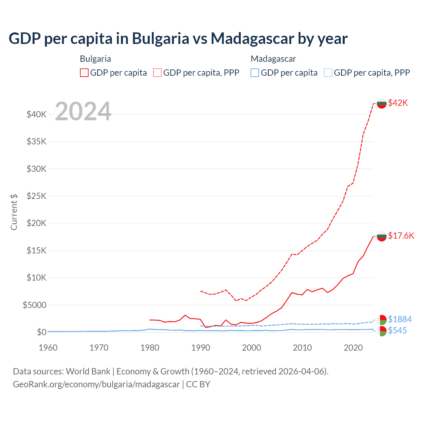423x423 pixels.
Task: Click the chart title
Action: click(178, 38)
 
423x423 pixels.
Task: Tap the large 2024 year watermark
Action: click(83, 112)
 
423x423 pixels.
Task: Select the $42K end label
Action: click(398, 103)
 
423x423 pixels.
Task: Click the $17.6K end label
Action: click(401, 236)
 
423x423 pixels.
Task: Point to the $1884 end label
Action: click(400, 319)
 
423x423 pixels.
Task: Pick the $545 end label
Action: click(397, 330)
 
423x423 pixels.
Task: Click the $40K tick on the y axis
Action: click(37, 115)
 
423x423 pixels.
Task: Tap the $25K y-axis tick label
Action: click(37, 196)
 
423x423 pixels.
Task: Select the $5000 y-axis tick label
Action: click(34, 305)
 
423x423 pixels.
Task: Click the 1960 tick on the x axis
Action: click(48, 348)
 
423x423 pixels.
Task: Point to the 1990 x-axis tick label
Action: click(201, 348)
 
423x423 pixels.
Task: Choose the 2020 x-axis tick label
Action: click(353, 348)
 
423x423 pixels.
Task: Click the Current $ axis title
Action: click(14, 212)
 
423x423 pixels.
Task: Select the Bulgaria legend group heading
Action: click(96, 59)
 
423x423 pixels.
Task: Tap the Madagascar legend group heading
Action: click(273, 59)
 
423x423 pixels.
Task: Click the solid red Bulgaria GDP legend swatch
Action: click(84, 73)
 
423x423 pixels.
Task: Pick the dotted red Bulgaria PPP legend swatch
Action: click(157, 73)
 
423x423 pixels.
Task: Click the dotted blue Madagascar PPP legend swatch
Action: click(328, 73)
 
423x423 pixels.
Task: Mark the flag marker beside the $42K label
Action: click(382, 103)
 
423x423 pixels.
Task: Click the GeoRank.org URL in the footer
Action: click(96, 384)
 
